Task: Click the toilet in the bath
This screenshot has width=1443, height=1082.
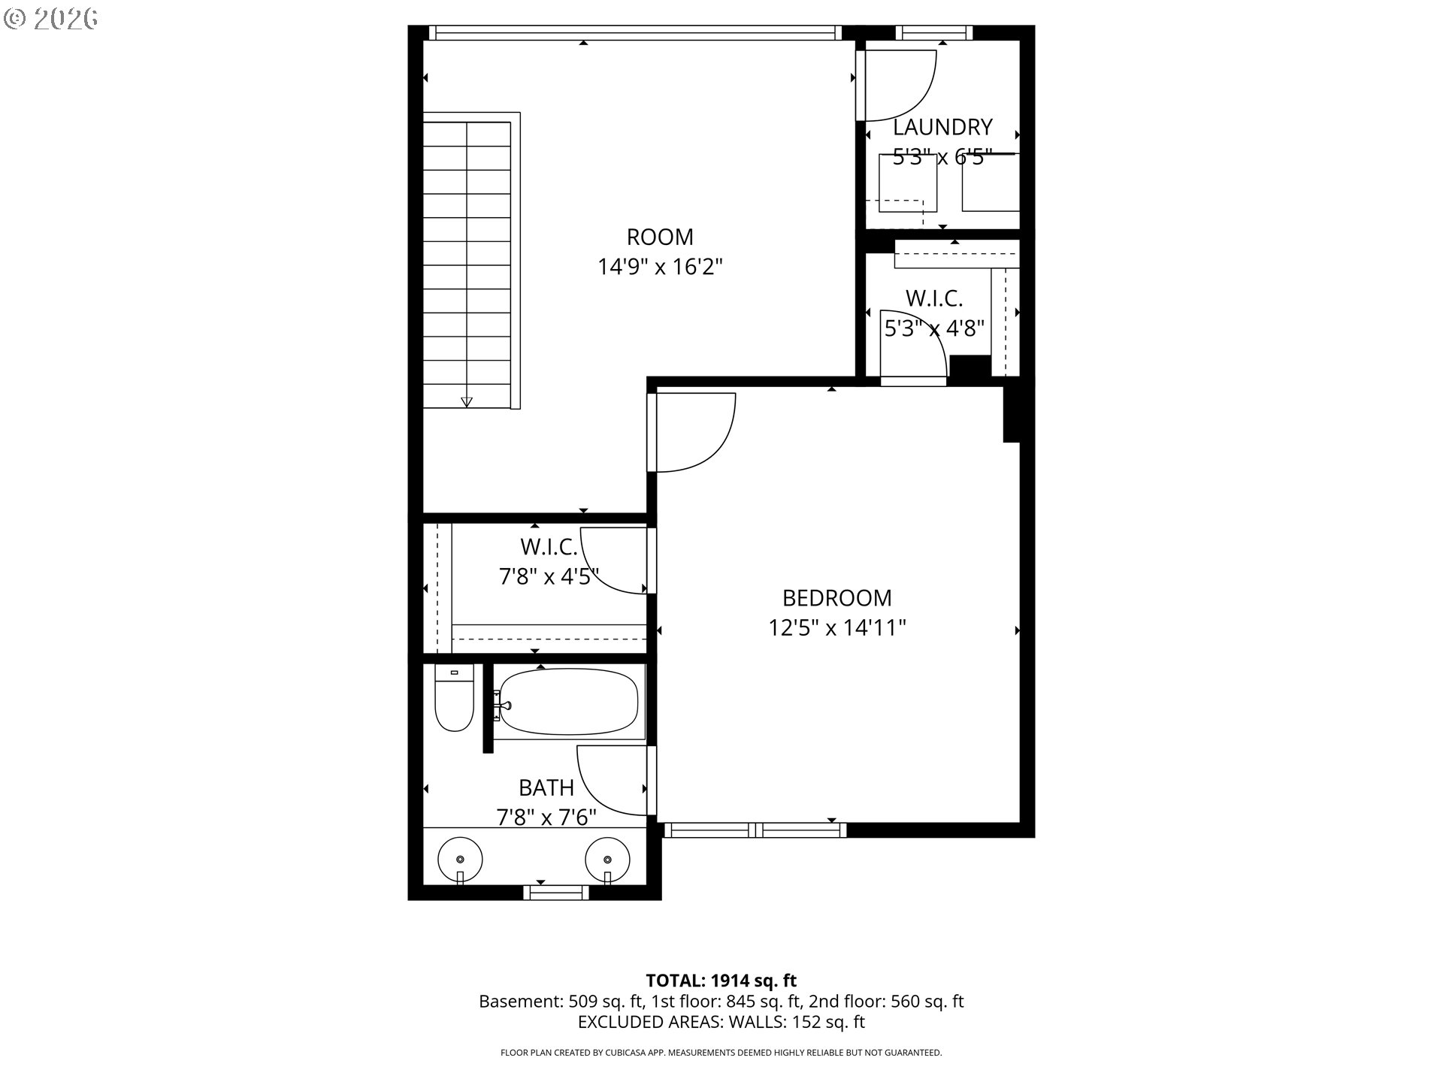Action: (454, 699)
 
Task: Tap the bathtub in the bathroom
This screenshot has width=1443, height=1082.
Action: (568, 703)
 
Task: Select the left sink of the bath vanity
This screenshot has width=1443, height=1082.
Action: (460, 859)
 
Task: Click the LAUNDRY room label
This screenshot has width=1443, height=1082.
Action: (942, 127)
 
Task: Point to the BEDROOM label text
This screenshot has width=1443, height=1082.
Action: (836, 598)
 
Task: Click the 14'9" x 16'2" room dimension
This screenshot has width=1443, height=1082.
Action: (660, 267)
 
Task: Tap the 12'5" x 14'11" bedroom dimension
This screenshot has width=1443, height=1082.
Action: (836, 627)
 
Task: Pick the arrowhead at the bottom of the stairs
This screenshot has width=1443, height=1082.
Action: (467, 402)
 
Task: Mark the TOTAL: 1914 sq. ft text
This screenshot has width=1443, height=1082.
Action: (721, 981)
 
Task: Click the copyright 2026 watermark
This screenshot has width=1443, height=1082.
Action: (51, 18)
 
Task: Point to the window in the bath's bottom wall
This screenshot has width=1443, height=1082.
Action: (556, 892)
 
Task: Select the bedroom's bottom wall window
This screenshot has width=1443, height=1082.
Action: (755, 830)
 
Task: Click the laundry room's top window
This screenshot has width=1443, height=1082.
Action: (934, 32)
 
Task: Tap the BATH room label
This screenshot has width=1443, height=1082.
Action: (546, 788)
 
